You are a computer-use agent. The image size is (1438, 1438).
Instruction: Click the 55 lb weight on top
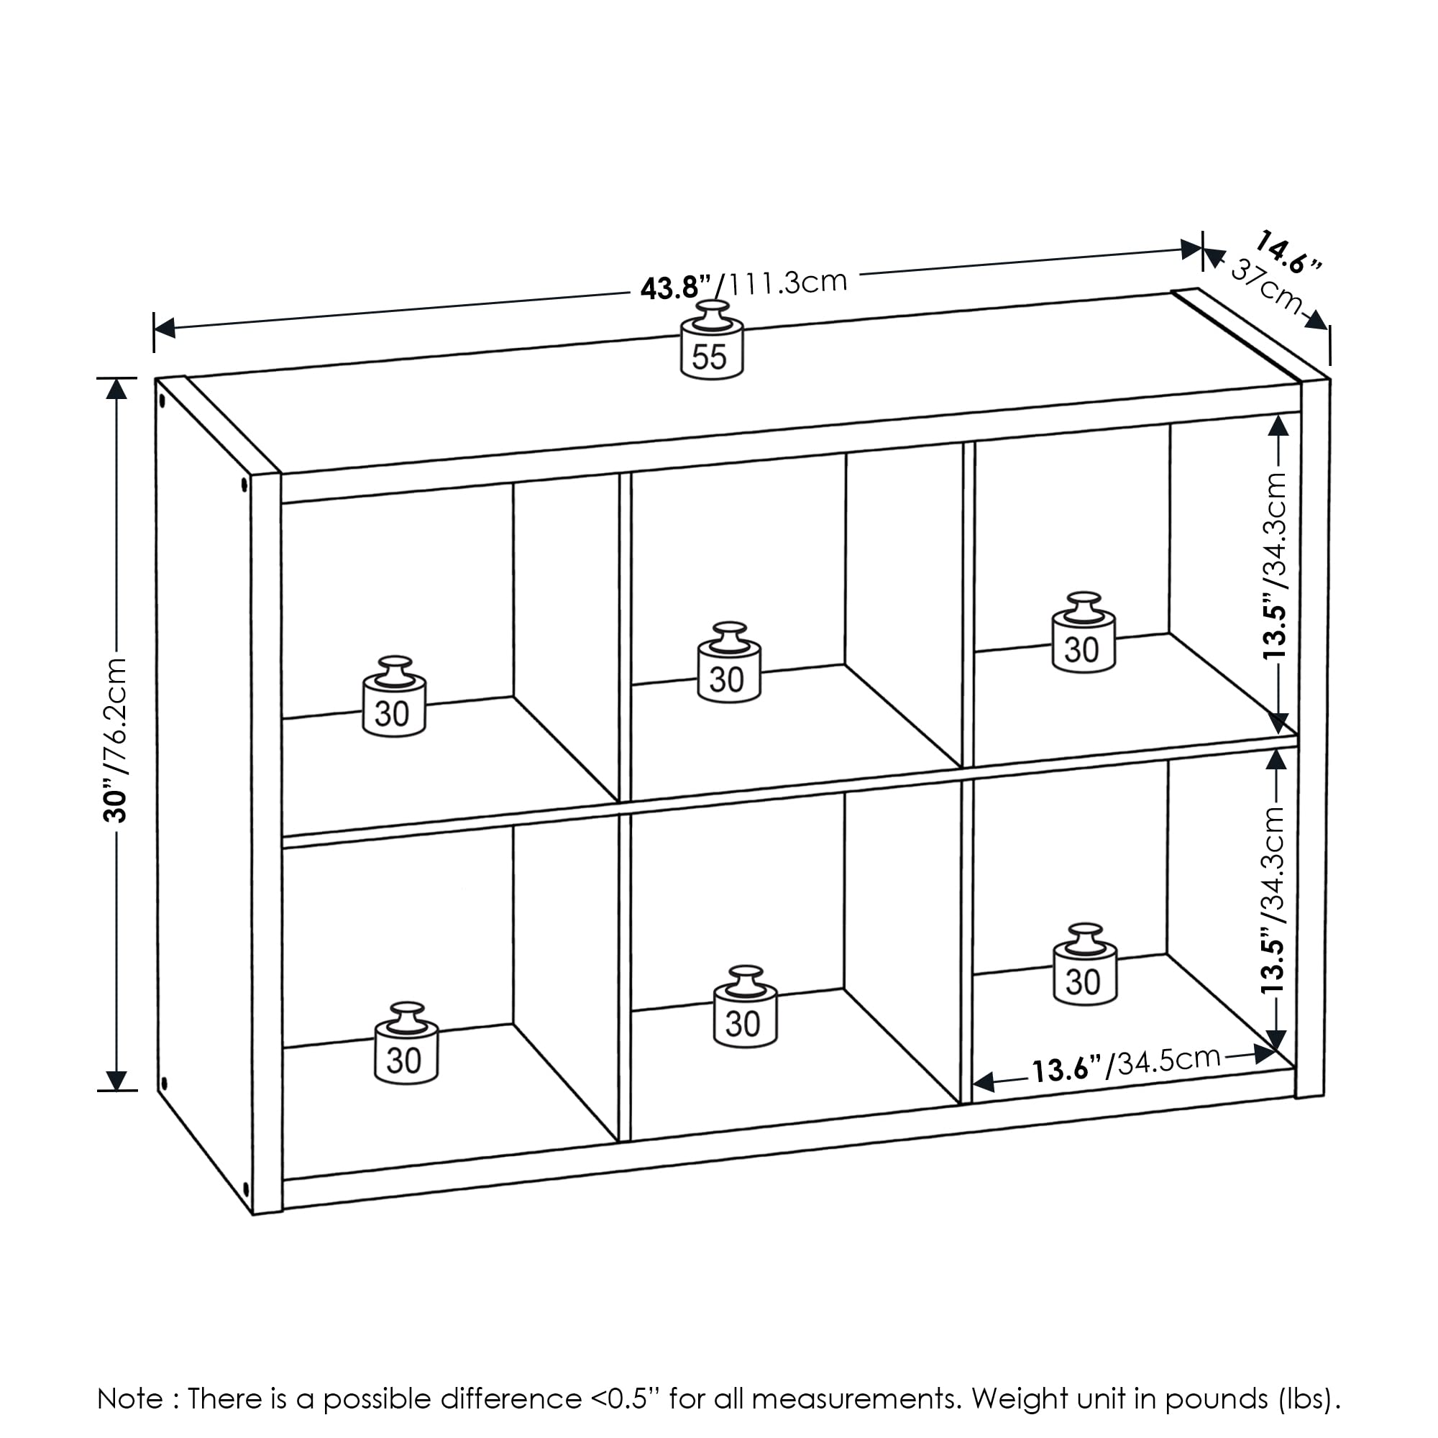click(x=712, y=343)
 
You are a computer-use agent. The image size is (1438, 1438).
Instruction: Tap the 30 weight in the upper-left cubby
click(x=394, y=700)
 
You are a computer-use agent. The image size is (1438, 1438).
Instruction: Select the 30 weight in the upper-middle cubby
click(x=728, y=664)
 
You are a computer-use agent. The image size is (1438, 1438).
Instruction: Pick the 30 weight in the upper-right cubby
click(x=1083, y=636)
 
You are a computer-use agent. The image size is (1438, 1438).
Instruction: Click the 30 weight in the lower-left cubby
click(x=406, y=1045)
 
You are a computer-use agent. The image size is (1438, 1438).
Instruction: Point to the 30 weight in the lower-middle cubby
click(x=744, y=1010)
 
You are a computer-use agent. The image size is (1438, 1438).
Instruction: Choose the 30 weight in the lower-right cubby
click(x=1084, y=968)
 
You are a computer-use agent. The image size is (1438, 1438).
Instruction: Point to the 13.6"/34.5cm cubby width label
click(x=1125, y=1065)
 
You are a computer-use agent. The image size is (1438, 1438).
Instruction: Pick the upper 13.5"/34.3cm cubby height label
click(x=1275, y=565)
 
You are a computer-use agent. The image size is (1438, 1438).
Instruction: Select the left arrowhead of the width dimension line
click(x=164, y=327)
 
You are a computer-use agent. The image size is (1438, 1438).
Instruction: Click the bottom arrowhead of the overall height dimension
click(x=116, y=1080)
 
